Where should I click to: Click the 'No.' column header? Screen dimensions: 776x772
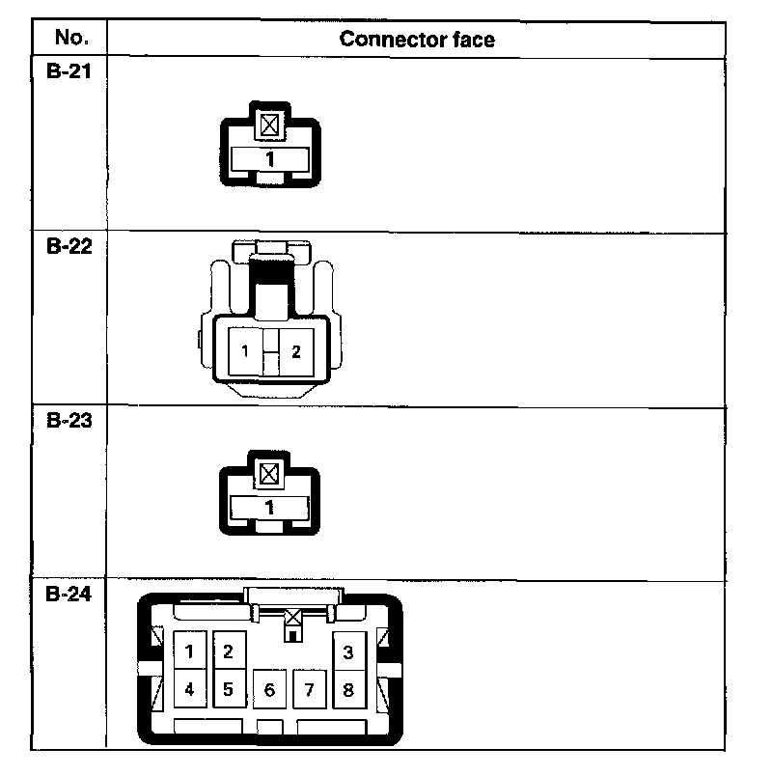point(70,39)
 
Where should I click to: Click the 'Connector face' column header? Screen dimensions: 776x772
point(417,40)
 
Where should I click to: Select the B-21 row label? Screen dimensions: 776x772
point(69,71)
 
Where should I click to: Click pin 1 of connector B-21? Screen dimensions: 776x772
point(270,158)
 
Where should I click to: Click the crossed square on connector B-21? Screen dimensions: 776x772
point(270,125)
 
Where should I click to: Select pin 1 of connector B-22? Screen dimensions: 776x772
point(246,351)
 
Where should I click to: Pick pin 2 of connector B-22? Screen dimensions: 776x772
point(296,351)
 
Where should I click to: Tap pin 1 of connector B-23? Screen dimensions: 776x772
point(270,507)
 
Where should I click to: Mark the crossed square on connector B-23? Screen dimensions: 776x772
point(270,473)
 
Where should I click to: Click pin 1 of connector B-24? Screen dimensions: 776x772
point(190,651)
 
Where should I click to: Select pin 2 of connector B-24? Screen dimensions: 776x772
point(229,651)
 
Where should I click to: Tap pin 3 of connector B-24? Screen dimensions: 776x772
point(348,651)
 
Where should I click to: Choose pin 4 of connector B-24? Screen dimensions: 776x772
point(190,690)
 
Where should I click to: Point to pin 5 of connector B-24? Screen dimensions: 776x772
point(229,690)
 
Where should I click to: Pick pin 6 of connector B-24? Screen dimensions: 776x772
point(269,690)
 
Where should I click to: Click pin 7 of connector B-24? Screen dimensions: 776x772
point(309,690)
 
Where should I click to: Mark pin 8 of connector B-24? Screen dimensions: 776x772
point(348,690)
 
